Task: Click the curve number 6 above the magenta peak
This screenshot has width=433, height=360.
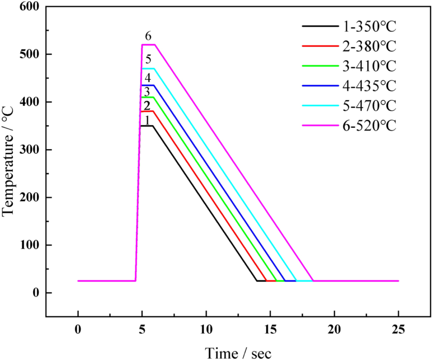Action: tap(149, 37)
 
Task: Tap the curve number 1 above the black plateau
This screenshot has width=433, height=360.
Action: tap(146, 120)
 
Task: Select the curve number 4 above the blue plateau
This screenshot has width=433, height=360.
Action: tap(147, 78)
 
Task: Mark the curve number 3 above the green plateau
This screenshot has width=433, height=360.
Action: tap(146, 92)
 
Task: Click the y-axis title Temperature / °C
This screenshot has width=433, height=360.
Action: tap(9, 161)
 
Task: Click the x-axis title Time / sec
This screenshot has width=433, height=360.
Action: tap(238, 352)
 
